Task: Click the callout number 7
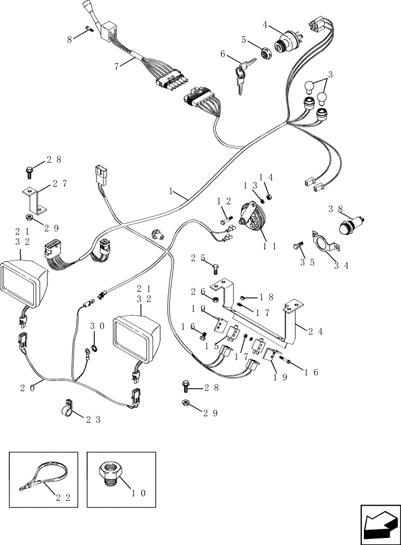[x=116, y=66]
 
